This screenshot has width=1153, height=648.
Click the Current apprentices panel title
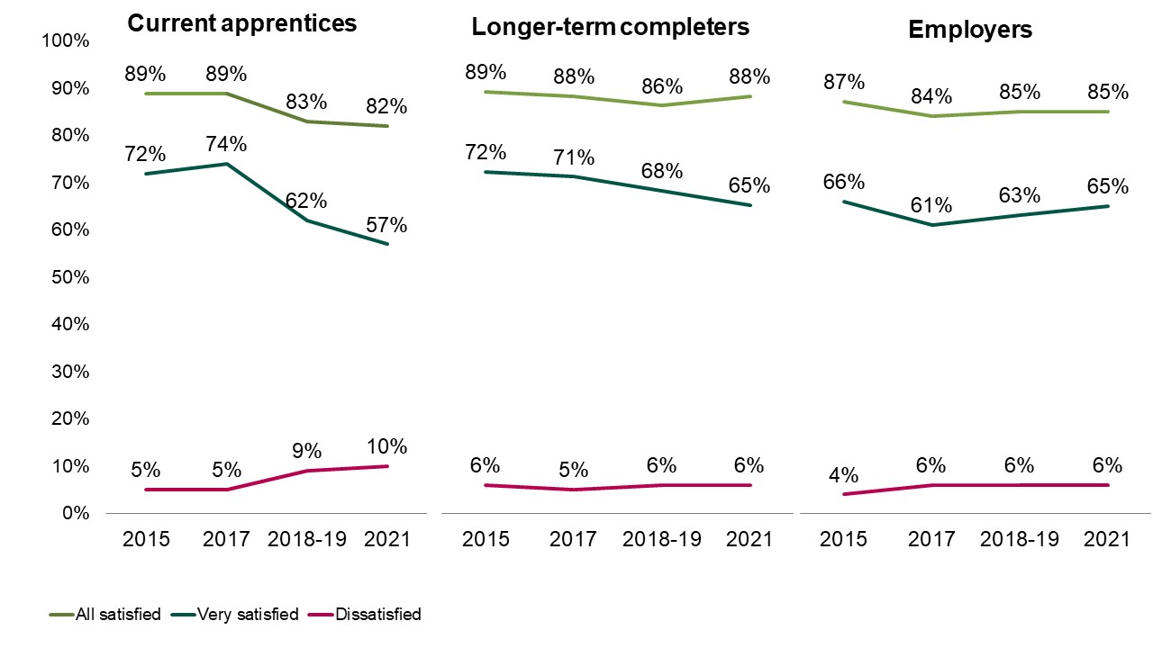241,23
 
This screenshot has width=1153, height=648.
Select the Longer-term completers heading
610,27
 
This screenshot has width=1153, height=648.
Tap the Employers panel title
970,29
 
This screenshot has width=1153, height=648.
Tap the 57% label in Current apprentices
386,225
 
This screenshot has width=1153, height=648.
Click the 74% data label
227,144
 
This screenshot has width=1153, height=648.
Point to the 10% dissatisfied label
386,446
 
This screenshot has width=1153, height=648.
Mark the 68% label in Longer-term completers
661,171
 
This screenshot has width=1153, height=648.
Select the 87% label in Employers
844,82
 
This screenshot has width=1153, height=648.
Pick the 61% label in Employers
931,205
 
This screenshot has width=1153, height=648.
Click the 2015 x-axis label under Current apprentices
146,539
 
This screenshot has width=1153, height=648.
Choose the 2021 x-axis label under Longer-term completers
749,539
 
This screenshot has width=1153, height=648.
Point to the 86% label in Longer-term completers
661,86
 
